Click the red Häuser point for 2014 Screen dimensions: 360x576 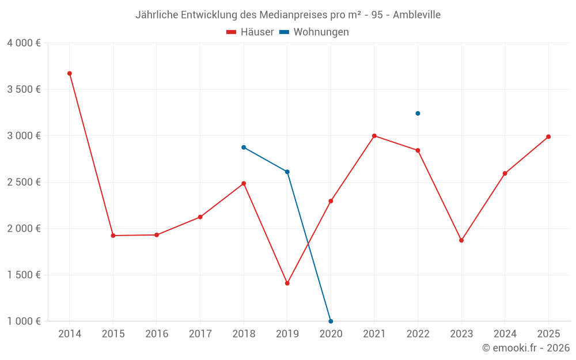[70, 73]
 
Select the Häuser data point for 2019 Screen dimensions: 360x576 [287, 283]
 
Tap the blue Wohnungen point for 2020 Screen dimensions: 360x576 [331, 321]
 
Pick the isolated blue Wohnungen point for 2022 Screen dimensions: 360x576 [418, 113]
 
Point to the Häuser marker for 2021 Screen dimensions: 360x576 [374, 136]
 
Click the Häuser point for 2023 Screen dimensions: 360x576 [461, 240]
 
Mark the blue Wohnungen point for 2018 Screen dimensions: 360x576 [244, 147]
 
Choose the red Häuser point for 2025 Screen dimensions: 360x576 [548, 137]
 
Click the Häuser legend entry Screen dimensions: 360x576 [250, 32]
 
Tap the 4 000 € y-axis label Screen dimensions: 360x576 [24, 43]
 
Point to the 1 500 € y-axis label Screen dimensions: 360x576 [24, 275]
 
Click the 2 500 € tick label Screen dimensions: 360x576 [24, 182]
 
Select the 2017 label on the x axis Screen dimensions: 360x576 [200, 334]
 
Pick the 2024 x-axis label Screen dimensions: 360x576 [505, 334]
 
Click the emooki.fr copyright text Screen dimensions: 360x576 [526, 348]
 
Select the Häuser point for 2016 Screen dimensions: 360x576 [157, 235]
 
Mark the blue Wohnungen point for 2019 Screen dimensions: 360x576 [287, 172]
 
